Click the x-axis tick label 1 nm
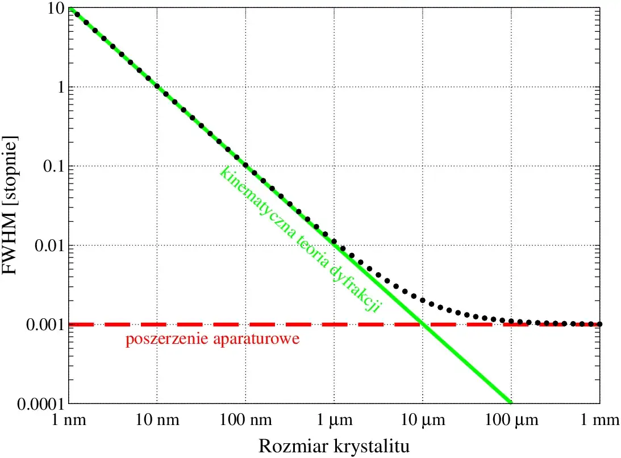[69, 421]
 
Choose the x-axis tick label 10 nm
[157, 421]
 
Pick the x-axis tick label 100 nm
[245, 421]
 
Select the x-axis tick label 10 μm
[422, 421]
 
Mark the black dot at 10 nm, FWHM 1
[157, 87]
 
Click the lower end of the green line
[510, 403]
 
